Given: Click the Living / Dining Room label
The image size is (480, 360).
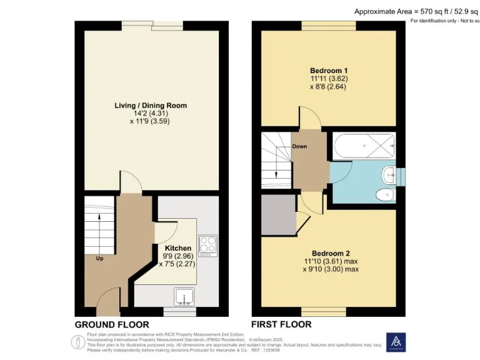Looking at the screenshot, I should [x=151, y=105].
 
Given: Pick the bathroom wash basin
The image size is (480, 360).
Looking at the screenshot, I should [x=389, y=174].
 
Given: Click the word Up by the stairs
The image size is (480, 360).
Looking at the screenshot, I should [x=99, y=257].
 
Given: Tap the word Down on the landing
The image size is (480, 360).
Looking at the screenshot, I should [x=300, y=147].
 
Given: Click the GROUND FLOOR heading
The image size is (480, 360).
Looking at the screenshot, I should [x=112, y=324].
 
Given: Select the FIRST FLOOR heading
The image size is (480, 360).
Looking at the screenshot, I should [x=281, y=324].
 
